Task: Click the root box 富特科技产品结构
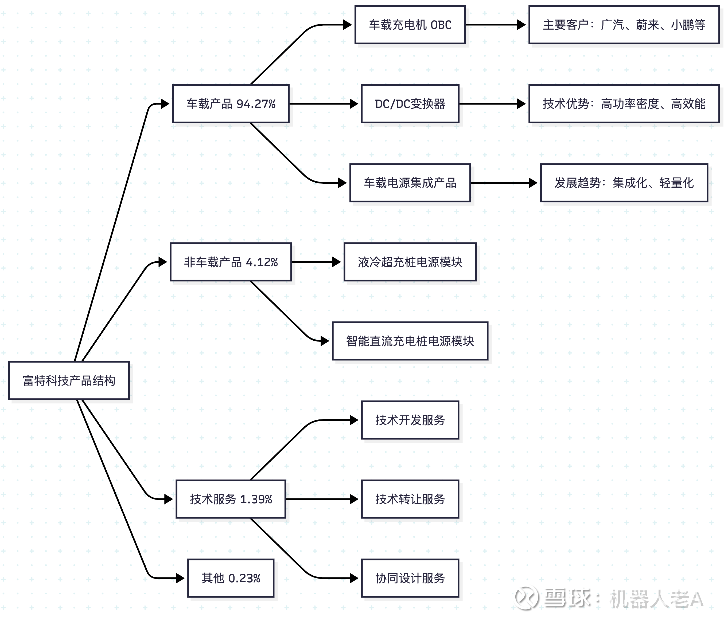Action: pos(69,380)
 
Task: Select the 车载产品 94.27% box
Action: pos(231,104)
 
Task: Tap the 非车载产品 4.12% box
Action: pos(231,262)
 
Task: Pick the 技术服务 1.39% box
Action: pos(231,499)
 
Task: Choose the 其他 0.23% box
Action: pos(231,578)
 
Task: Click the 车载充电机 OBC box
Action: pos(410,25)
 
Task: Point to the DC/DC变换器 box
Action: pos(410,104)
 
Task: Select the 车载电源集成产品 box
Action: pos(410,183)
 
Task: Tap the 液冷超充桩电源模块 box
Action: pos(410,262)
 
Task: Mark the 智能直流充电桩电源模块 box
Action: pos(410,341)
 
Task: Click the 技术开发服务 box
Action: pos(410,420)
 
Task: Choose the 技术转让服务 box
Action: pos(410,499)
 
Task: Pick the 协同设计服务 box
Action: pos(410,578)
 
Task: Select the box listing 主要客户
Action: pos(624,25)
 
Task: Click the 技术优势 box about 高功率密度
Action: pos(624,104)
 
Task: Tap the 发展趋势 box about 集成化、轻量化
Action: pos(624,183)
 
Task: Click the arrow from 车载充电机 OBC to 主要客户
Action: pos(496,25)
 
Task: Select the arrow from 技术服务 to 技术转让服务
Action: pos(321,499)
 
